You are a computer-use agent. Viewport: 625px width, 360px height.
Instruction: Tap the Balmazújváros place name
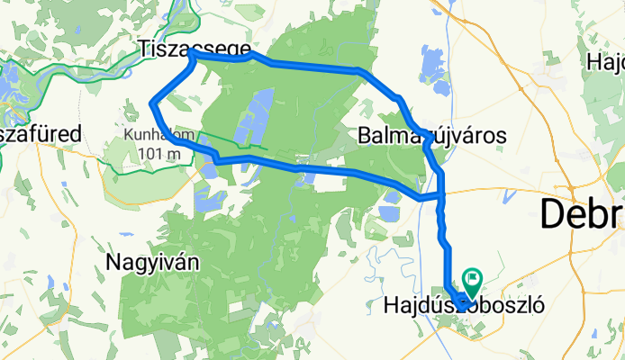tap(431, 136)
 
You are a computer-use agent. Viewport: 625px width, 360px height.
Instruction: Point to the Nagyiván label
tap(152, 262)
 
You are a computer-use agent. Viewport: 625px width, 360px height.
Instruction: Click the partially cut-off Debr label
tap(582, 215)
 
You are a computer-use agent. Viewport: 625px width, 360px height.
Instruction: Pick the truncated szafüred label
tap(41, 134)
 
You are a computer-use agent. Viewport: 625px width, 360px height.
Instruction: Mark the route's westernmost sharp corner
tap(151, 104)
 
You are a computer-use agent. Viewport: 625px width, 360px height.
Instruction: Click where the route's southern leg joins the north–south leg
tap(441, 194)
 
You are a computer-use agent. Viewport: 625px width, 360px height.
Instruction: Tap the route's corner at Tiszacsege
tap(191, 55)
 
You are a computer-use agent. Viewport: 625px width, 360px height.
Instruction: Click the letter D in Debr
tap(552, 215)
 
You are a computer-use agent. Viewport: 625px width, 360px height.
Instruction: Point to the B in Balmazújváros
tap(364, 136)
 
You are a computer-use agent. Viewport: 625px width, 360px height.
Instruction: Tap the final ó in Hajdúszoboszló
tap(539, 306)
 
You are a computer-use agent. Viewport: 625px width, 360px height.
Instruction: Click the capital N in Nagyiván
tap(113, 262)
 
